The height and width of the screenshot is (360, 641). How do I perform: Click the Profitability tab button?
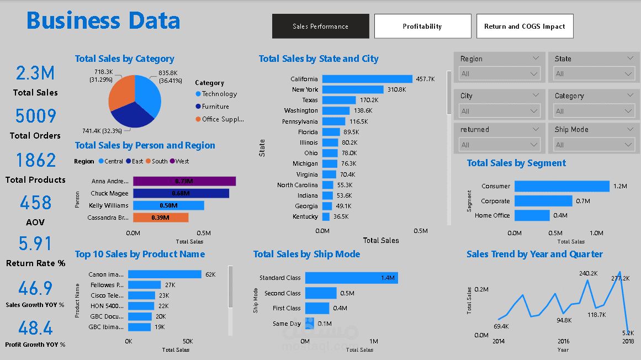click(x=422, y=26)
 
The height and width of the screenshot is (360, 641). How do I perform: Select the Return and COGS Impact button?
click(x=525, y=26)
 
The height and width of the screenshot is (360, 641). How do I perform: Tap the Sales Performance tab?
click(x=320, y=26)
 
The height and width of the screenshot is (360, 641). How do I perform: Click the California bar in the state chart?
click(x=367, y=79)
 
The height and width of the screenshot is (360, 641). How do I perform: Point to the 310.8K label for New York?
click(x=396, y=89)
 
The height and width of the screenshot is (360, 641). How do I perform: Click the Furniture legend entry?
click(x=215, y=107)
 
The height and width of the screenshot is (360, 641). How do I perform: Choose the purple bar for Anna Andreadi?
click(x=184, y=181)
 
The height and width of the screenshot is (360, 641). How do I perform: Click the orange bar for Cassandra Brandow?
click(x=160, y=218)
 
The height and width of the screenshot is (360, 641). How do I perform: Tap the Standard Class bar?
click(x=351, y=278)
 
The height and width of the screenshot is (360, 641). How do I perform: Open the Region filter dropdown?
click(x=499, y=73)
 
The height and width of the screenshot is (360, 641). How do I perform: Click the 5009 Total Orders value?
click(x=35, y=117)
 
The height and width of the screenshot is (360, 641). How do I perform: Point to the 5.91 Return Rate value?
click(x=35, y=244)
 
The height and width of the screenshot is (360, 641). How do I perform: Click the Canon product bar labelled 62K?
click(x=165, y=274)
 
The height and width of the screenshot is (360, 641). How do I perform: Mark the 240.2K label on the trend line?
click(x=589, y=273)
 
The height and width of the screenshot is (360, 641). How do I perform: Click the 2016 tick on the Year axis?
click(x=563, y=342)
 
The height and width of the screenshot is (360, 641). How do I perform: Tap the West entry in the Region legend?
click(x=182, y=161)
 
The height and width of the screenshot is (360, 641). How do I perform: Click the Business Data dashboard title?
click(x=103, y=21)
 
